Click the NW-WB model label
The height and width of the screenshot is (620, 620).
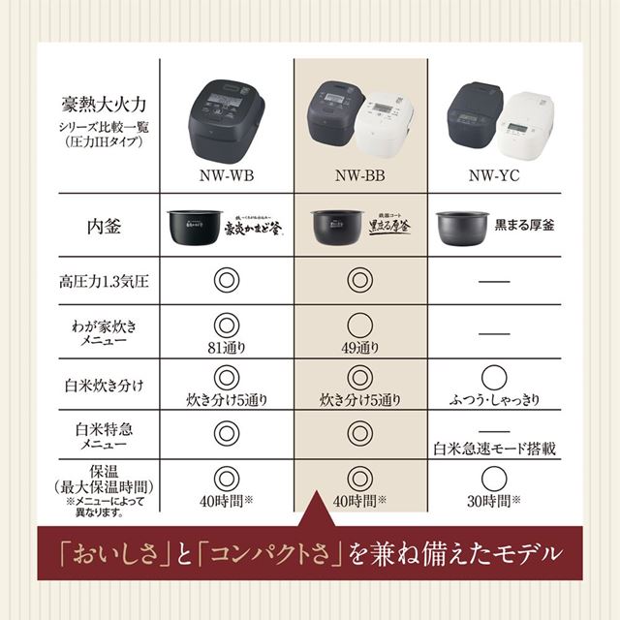pos(225,177)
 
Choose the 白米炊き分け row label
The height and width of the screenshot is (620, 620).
pos(103,387)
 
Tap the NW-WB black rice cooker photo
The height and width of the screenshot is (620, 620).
pos(225,113)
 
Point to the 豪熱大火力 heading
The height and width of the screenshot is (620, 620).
pos(103,98)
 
